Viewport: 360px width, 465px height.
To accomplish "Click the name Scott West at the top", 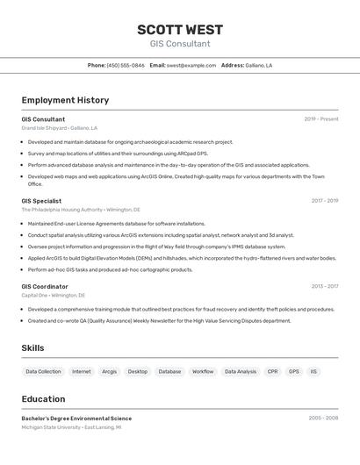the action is [180, 30].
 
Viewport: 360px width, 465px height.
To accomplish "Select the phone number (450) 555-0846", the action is [126, 66].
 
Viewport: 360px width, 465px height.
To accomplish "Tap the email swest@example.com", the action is [191, 66].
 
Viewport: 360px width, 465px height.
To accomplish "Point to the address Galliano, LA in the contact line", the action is [259, 66].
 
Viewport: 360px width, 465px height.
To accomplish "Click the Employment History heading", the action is [65, 100].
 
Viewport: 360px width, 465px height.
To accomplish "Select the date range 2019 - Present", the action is [321, 119].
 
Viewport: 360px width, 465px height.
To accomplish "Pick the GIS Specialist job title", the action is [41, 201].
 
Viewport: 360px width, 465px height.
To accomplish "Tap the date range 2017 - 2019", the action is [324, 201].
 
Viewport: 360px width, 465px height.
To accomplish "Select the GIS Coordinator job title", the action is [45, 286].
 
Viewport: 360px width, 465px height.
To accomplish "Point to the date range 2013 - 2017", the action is [324, 286].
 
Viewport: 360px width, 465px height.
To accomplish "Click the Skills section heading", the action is [32, 348].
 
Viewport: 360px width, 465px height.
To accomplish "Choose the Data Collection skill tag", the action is [43, 371].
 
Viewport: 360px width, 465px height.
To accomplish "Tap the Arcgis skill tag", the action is [109, 371].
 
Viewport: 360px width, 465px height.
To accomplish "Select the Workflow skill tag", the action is [203, 371].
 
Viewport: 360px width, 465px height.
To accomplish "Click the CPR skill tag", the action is [272, 371].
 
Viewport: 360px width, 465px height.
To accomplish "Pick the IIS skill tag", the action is [313, 371].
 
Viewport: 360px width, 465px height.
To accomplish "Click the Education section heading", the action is [43, 398].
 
